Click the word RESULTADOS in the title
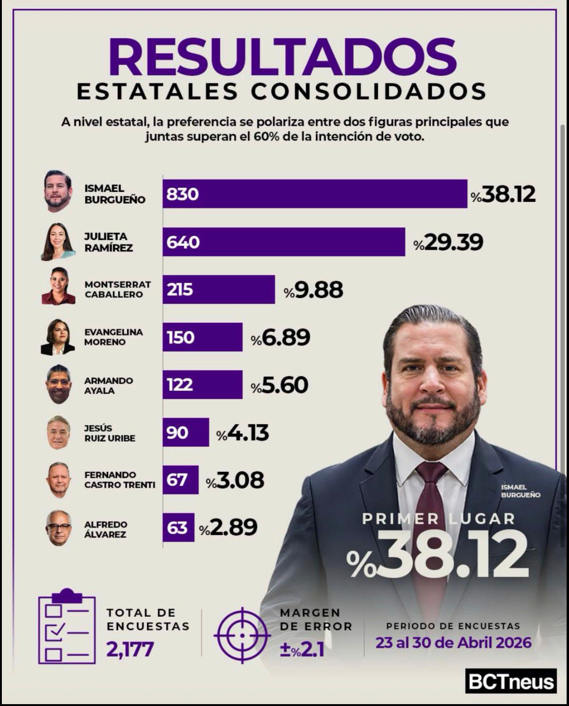click(283, 57)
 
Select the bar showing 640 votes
click(284, 242)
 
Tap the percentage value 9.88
click(314, 290)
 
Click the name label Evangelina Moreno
click(114, 337)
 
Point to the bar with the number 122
click(202, 385)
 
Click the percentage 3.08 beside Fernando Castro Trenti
click(235, 480)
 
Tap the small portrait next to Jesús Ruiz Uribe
click(59, 433)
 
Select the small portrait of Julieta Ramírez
click(59, 242)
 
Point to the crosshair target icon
click(242, 636)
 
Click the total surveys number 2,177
click(130, 649)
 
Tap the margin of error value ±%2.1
click(302, 649)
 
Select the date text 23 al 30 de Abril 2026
click(453, 642)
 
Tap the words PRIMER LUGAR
click(439, 519)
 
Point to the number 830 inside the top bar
click(182, 194)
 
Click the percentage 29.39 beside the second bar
click(448, 242)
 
